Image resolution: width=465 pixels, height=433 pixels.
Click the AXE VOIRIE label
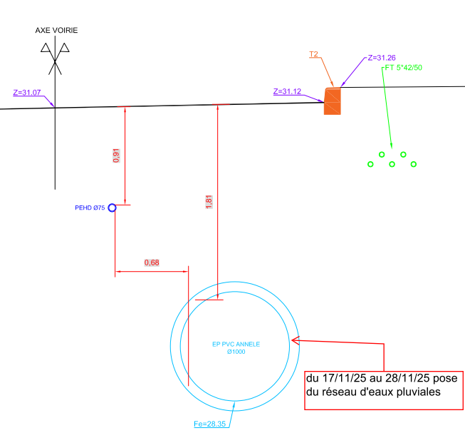[x=57, y=30]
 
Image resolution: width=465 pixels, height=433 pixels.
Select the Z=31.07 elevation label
[x=27, y=93]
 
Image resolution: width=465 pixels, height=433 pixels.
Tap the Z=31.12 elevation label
[x=287, y=91]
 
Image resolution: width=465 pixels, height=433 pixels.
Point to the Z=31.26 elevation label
[x=382, y=58]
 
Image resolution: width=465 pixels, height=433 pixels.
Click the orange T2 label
[x=313, y=54]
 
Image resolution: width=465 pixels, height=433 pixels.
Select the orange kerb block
[x=333, y=101]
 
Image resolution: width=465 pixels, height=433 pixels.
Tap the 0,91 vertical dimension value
[x=117, y=156]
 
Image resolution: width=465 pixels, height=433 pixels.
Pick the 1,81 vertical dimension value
[x=209, y=201]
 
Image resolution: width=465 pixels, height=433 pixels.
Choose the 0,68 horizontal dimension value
[x=152, y=263]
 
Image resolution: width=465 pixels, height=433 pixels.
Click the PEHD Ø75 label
[x=90, y=208]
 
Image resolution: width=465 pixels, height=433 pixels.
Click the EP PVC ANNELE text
[x=236, y=344]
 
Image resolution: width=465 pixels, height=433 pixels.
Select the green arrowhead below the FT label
[x=390, y=142]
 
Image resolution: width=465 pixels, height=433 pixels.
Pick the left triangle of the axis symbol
[x=46, y=49]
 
